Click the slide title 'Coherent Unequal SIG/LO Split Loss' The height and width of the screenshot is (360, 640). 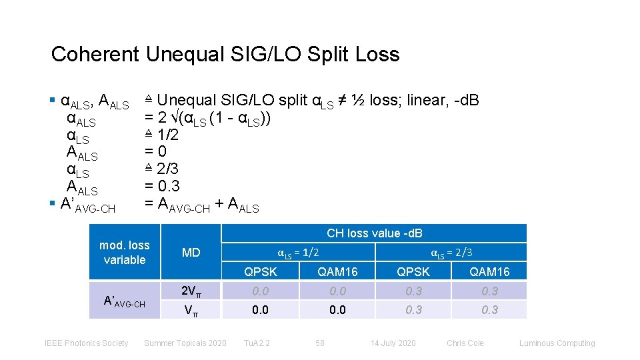point(225,54)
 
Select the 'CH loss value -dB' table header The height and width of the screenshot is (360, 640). point(374,233)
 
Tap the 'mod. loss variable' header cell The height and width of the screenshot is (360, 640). point(125,253)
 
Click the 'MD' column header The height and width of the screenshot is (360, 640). point(191,253)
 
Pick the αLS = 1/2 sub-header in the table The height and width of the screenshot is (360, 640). point(298,252)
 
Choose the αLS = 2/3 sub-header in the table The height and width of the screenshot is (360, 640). point(451,252)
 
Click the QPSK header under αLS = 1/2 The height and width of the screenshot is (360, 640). point(260,271)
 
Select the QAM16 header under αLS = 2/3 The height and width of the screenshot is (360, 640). point(489,271)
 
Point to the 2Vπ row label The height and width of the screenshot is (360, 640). point(191,291)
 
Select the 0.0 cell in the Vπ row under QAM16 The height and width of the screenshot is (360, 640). point(337,309)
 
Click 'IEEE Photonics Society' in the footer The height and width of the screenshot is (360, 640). point(86,343)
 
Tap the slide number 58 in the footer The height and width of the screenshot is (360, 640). point(320,343)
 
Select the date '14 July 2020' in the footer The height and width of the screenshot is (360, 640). point(393,343)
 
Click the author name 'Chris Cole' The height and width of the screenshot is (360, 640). point(465,343)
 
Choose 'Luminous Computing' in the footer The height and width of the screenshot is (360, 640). point(557,343)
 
